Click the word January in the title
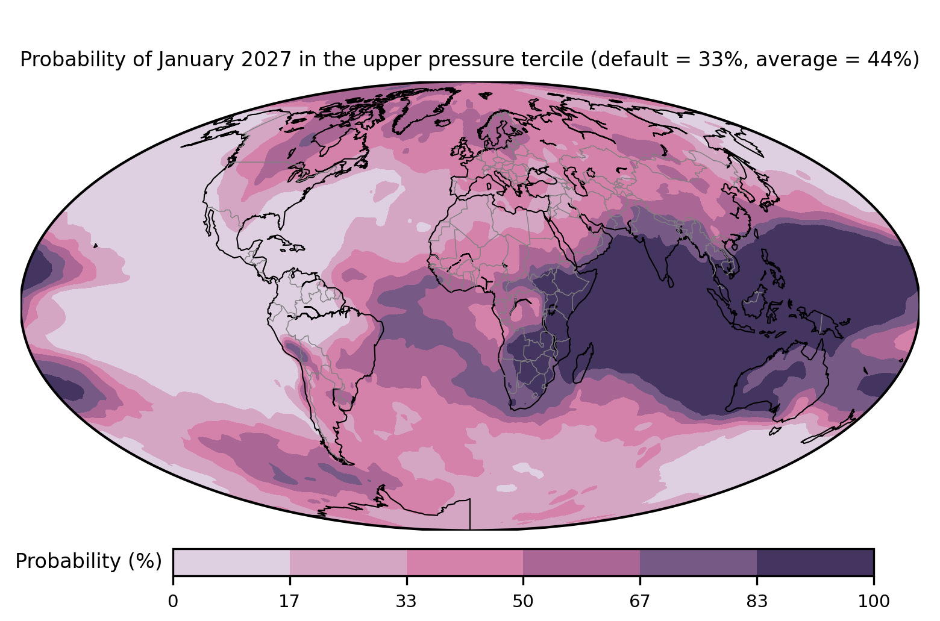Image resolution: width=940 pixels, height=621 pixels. (x=196, y=60)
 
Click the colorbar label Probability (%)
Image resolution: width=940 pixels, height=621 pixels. (x=89, y=561)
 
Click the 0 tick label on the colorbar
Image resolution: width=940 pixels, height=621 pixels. (x=173, y=602)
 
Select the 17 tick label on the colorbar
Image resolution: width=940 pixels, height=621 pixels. (x=289, y=602)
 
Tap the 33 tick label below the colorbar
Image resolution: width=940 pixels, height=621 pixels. (x=406, y=602)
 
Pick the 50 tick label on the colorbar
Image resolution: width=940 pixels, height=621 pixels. (x=523, y=602)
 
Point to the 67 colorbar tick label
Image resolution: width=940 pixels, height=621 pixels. (x=639, y=602)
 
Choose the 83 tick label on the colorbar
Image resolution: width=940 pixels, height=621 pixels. (x=757, y=602)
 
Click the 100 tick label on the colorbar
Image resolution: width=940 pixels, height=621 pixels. (x=874, y=602)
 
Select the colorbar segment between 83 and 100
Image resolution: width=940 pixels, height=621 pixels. (x=815, y=562)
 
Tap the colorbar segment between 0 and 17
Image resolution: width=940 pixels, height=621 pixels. (x=231, y=562)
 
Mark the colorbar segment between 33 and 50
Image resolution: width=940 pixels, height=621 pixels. (x=465, y=562)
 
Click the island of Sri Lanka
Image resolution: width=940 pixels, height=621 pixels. (x=670, y=281)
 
